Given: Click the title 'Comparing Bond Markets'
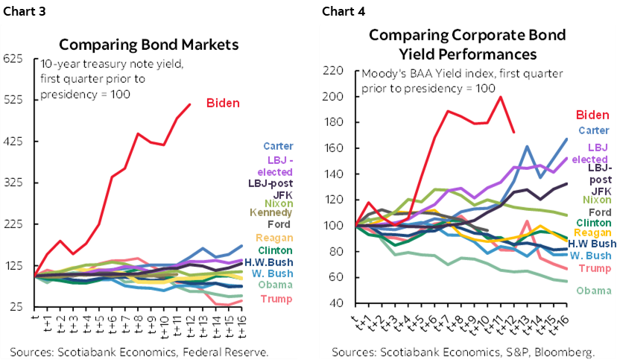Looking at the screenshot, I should point(148,44).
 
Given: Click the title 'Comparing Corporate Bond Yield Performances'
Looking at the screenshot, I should point(467,45).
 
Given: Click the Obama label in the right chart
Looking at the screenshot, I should point(593,290).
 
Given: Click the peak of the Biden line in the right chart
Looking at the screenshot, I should point(500,97).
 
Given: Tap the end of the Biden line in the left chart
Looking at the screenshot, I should point(190,104).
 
